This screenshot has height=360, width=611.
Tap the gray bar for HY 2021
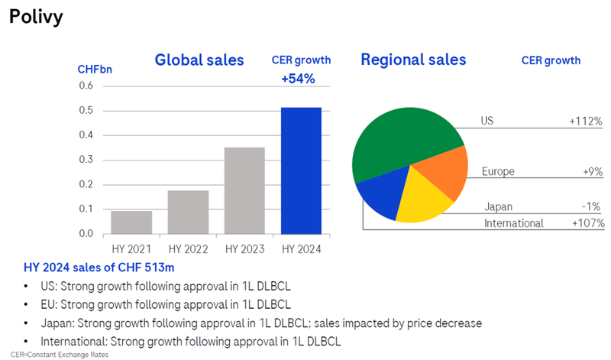point(131,222)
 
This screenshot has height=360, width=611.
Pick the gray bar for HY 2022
point(188,212)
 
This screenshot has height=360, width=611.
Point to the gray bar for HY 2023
point(244,190)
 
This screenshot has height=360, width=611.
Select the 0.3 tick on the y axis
point(85,160)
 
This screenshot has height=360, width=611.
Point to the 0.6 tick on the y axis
point(85,86)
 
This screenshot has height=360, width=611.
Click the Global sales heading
point(199,60)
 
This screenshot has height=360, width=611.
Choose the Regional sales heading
point(413,60)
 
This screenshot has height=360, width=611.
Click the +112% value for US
point(585,121)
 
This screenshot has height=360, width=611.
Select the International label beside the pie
point(513,223)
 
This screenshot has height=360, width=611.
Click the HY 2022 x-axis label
point(188,249)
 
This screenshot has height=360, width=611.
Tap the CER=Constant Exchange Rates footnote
point(54,354)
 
